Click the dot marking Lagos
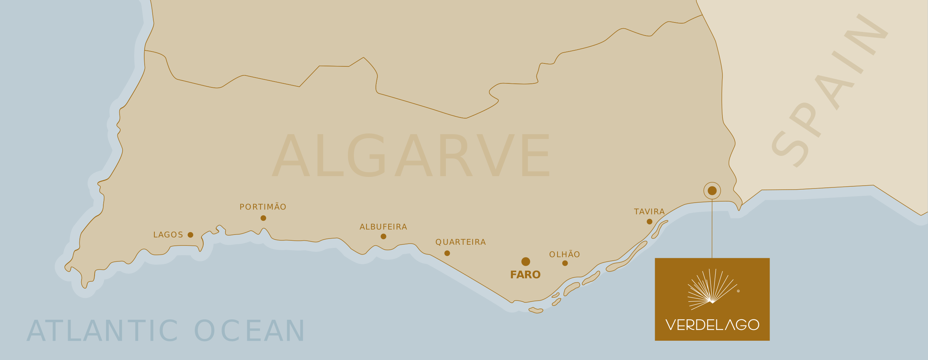[190, 235]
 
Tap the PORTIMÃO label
[263, 207]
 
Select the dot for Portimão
[263, 218]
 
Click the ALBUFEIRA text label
[383, 227]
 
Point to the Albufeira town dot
[383, 236]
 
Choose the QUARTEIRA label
[460, 242]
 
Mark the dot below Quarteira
[447, 253]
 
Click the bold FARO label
[525, 275]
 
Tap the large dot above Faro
[526, 261]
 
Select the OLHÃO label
[564, 255]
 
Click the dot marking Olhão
[565, 263]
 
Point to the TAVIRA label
[649, 212]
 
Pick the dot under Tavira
[649, 222]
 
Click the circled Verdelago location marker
[712, 190]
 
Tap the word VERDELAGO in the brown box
[712, 325]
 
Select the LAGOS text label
[168, 235]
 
